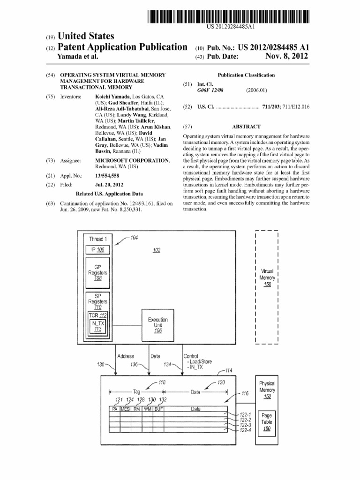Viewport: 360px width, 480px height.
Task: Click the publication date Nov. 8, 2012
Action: pos(286,56)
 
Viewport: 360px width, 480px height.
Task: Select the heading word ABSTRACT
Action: pos(246,127)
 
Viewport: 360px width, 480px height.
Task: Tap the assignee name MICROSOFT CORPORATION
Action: pos(132,160)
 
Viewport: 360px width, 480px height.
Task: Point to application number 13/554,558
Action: pos(109,176)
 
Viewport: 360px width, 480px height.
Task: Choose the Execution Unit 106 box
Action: pos(157,325)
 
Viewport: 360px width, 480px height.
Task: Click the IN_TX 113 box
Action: pos(98,326)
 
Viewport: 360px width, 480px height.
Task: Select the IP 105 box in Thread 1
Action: pos(97,249)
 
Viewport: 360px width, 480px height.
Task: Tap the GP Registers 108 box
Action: pos(97,272)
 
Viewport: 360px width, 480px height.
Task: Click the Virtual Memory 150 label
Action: pos(267,277)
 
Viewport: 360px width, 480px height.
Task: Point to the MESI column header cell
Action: pos(126,409)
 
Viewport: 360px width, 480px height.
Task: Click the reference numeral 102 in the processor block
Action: pos(157,250)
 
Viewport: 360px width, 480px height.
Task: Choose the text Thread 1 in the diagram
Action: pos(98,239)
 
